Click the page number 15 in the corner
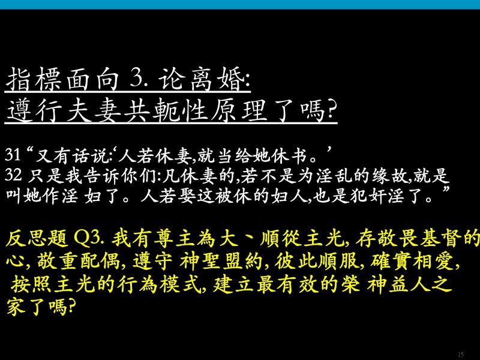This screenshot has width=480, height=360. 461,355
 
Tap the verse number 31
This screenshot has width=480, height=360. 13,155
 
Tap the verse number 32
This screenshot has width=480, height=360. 13,175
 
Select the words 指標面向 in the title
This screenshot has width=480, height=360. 62,79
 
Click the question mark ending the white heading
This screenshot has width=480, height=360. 331,110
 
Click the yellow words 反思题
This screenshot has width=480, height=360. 37,239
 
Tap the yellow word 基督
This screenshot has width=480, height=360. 441,239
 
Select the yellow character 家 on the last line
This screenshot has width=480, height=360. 16,307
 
